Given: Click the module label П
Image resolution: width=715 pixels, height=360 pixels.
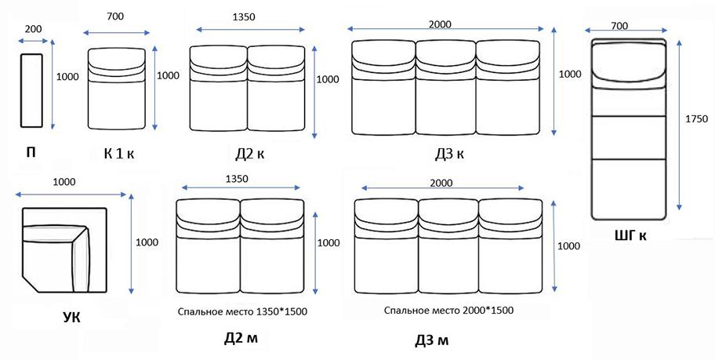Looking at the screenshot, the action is pos(31,153).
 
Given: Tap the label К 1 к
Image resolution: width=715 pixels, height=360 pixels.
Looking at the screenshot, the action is pos(119,154).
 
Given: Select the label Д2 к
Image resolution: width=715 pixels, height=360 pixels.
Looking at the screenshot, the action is pos(249,155).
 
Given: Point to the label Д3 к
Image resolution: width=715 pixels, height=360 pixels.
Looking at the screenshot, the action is pos(449,155).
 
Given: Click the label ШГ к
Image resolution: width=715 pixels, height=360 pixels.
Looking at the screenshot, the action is pos(630,235).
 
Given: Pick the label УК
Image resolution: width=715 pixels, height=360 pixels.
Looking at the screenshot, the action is pos(71,317).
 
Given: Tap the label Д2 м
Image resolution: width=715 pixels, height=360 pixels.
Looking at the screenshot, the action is pos(241,339).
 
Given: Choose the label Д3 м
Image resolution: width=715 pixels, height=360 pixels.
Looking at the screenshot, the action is pos(431,340).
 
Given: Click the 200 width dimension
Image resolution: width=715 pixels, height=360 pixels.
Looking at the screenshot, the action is pos(33,29).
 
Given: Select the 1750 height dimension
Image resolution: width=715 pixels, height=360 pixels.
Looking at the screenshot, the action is pos(697,119).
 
